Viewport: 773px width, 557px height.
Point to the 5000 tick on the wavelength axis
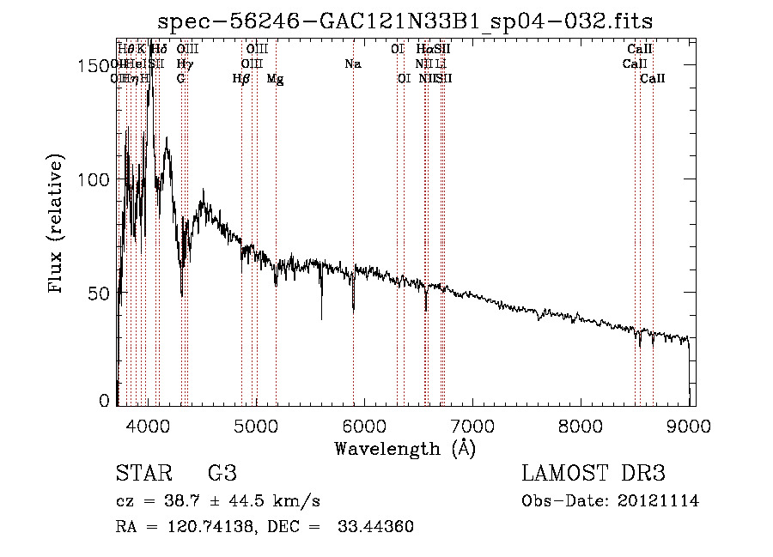[257, 424]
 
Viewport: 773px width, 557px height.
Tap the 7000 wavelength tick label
[473, 424]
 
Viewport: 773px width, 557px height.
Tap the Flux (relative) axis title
[57, 226]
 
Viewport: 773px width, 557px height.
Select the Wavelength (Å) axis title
[405, 448]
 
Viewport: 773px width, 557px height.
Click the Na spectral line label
[352, 64]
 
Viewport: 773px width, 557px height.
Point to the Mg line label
[275, 79]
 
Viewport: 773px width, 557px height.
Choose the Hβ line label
[241, 79]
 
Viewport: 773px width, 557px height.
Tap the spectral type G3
[222, 474]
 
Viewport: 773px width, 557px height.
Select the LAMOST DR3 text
[593, 474]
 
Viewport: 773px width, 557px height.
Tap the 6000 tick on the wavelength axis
[365, 424]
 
